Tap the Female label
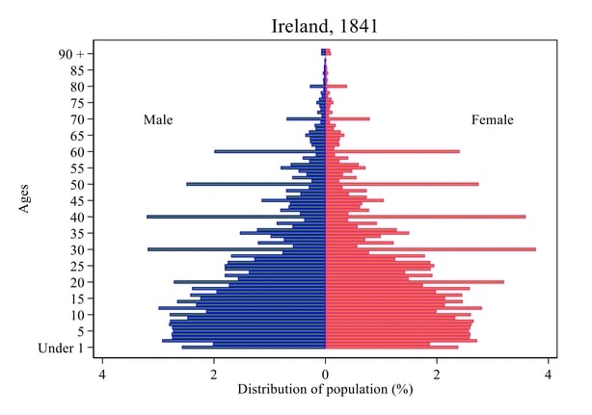[x=492, y=120]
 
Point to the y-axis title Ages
[x=26, y=200]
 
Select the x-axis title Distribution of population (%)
[x=324, y=390]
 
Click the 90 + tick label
[x=71, y=53]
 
